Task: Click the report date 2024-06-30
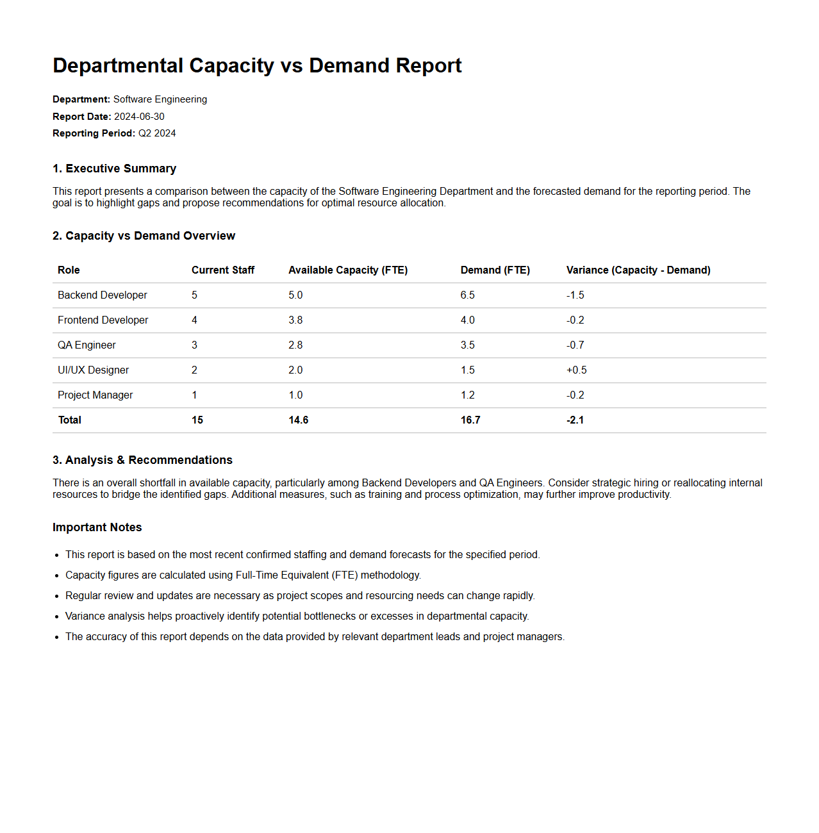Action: (x=139, y=117)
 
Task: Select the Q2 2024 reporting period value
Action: (x=157, y=133)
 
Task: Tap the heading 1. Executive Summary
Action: (x=114, y=169)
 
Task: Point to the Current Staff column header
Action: (x=222, y=270)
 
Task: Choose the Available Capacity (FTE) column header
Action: (x=348, y=270)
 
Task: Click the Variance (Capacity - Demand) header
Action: (x=638, y=270)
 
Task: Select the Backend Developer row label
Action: (x=103, y=295)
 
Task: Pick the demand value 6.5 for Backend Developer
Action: (x=468, y=295)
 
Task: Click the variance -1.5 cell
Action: (x=575, y=295)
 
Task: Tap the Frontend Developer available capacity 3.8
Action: (x=295, y=320)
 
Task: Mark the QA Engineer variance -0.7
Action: (x=575, y=345)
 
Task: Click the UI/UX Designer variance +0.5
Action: (x=577, y=370)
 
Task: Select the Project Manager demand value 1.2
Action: (x=468, y=395)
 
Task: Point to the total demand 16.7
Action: (x=470, y=420)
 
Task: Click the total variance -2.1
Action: (x=575, y=420)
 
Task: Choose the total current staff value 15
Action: (x=197, y=420)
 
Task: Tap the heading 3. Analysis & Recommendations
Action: (x=142, y=460)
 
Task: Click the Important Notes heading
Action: (x=97, y=527)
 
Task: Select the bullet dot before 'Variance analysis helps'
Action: (x=57, y=617)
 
